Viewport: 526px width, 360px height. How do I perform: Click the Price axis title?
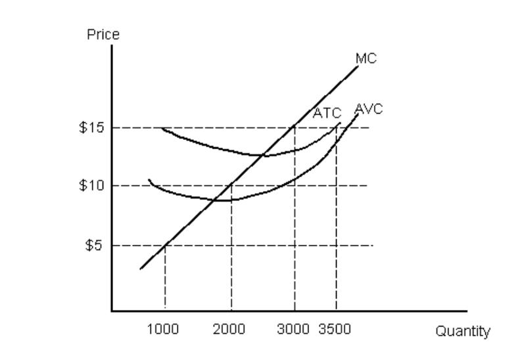pyautogui.click(x=103, y=35)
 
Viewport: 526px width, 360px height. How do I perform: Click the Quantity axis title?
pyautogui.click(x=464, y=331)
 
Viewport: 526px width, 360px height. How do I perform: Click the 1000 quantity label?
pyautogui.click(x=162, y=329)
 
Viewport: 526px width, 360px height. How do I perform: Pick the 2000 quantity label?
pyautogui.click(x=229, y=329)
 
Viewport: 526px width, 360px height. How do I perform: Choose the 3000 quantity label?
pyautogui.click(x=293, y=329)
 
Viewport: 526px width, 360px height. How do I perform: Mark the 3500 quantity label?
pyautogui.click(x=335, y=329)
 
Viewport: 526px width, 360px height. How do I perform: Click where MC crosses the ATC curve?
pyautogui.click(x=263, y=156)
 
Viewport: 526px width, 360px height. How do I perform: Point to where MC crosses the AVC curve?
pyautogui.click(x=216, y=200)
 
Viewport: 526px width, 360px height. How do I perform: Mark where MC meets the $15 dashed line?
pyautogui.click(x=294, y=127)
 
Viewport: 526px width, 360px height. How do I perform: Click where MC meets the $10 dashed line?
pyautogui.click(x=231, y=185)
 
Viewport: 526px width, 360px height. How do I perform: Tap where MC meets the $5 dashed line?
pyautogui.click(x=165, y=246)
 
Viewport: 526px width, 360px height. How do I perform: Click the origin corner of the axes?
pyautogui.click(x=112, y=309)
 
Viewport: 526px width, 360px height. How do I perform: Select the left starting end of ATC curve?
pyautogui.click(x=162, y=128)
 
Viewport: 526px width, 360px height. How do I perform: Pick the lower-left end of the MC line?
pyautogui.click(x=140, y=269)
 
